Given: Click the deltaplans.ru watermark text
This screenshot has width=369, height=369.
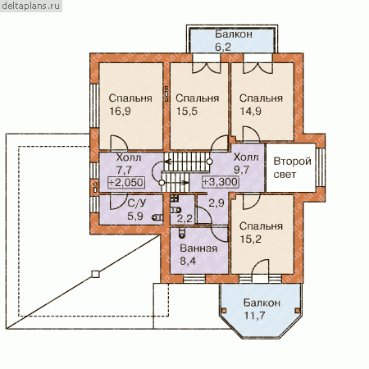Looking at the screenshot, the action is coord(31,6).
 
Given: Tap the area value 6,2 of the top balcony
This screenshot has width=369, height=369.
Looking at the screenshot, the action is coord(223,47).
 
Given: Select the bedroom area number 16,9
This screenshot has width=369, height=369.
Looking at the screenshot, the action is coord(120,112).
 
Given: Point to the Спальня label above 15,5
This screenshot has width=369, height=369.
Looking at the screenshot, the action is coord(198,98).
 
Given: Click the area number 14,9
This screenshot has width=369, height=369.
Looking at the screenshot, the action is coord(250,112).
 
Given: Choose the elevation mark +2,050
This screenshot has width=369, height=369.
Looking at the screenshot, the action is coord(126,182).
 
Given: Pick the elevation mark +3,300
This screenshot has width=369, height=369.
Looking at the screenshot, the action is coord(221,182).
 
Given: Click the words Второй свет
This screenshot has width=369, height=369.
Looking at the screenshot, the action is coord(292,167).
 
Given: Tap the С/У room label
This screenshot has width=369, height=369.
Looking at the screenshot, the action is coord(137,203).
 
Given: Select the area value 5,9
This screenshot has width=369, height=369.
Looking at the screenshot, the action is coord(135,216).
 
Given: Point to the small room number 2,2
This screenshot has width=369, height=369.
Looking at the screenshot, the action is coord(184,219).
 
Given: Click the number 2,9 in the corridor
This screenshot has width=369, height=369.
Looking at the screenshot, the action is coord(216,203).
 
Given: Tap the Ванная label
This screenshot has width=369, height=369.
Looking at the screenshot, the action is coord(198,248).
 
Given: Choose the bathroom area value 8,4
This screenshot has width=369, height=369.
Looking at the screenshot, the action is coord(188,261).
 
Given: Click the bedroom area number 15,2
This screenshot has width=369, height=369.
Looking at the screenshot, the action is coord(250,239).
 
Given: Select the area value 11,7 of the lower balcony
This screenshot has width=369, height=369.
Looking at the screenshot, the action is coord(254,316).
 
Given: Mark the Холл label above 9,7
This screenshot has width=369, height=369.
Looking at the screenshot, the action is coord(246,157).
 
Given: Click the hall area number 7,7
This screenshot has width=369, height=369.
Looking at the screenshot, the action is coord(124,170).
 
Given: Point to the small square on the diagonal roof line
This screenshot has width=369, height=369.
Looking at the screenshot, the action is coord(95,274).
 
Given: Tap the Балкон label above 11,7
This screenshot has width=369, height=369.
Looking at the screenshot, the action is coord(262,303).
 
